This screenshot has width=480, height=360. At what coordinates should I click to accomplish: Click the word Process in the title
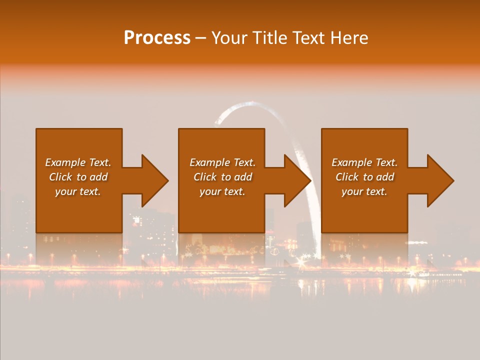(x=157, y=38)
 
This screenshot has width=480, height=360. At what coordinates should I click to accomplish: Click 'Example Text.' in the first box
(x=78, y=162)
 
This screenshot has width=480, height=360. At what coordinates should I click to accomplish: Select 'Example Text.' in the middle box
(x=222, y=162)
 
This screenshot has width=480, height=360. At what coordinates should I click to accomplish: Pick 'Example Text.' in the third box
(x=364, y=162)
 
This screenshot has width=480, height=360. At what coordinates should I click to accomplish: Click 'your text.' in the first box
(x=78, y=191)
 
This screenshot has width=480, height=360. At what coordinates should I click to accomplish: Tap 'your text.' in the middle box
(x=222, y=191)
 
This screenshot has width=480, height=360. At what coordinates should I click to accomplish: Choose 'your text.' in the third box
(x=364, y=191)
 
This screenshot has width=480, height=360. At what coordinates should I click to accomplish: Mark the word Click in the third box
(x=347, y=177)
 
